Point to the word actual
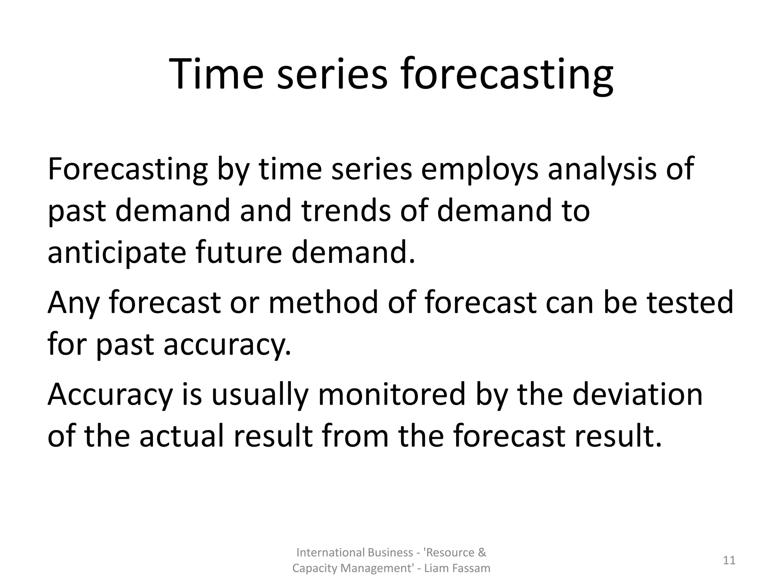point(181,436)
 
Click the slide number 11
point(729,560)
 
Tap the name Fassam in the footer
point(471,568)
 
